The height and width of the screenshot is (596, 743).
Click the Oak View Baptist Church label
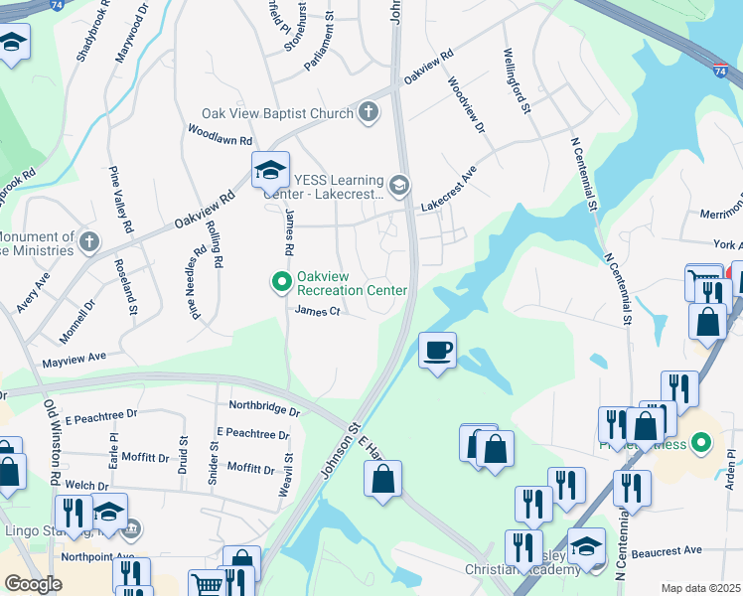277,113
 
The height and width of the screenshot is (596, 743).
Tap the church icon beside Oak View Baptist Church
369,111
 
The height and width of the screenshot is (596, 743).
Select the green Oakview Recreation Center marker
281,283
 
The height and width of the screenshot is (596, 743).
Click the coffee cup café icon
437,350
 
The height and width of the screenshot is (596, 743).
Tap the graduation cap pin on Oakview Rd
270,172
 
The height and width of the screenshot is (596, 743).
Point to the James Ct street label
317,311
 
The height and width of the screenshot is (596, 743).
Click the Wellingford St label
515,80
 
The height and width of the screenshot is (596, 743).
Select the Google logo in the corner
33,584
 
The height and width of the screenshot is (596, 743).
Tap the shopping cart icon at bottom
205,584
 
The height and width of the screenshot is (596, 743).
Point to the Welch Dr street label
84,486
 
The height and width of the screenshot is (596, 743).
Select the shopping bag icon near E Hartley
382,479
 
